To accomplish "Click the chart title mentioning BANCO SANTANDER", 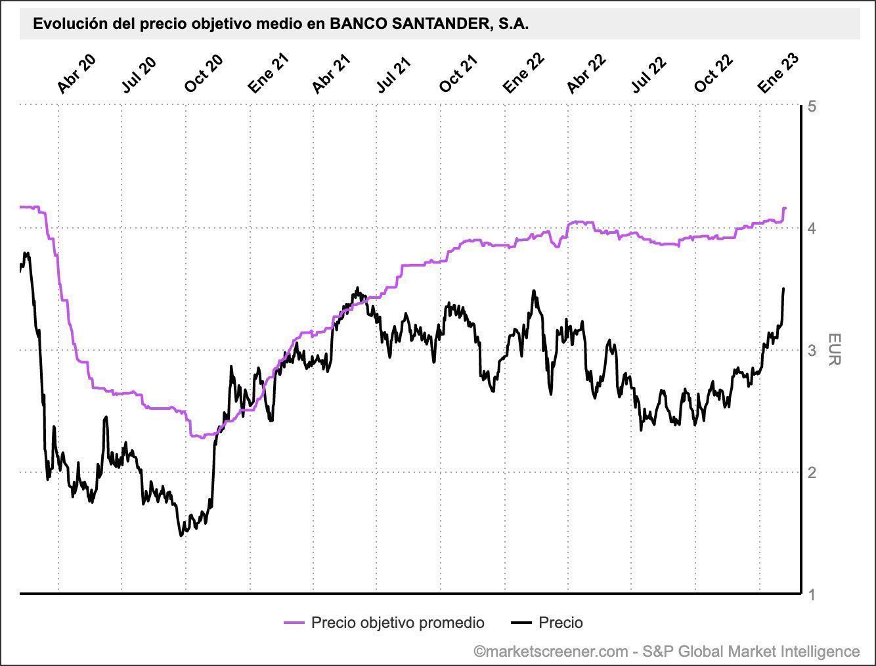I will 281,24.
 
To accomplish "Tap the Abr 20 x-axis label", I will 77,74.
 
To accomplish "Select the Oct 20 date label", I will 204,74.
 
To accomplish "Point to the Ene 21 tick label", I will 269,74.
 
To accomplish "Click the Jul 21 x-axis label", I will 394,74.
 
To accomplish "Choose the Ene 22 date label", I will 523,74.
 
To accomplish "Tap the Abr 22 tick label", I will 586,74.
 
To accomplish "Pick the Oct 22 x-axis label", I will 714,74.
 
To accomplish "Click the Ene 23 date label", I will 778,74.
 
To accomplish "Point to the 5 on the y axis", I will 813,106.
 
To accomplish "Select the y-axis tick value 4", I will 813,229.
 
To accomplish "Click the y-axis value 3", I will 813,350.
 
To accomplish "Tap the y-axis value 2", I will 813,472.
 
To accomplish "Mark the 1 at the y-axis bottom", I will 813,594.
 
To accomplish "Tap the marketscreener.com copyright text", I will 667,651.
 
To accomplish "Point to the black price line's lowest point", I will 181,536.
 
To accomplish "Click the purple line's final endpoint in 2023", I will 785,208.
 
